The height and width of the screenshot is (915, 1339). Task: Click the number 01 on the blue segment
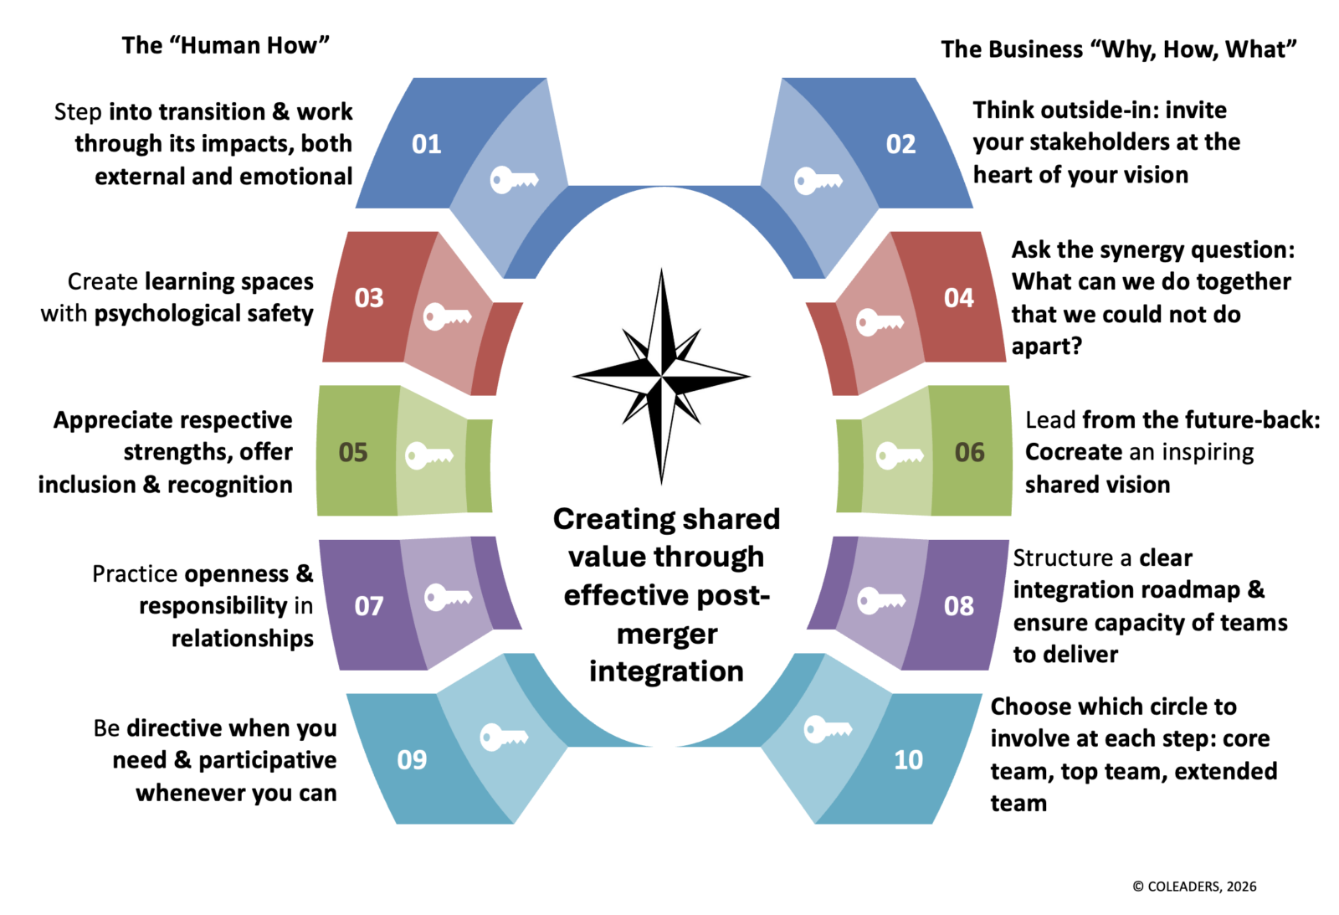coord(426,144)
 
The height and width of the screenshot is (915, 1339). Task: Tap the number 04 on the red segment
coord(958,298)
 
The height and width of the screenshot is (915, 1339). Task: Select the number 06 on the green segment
coord(969,452)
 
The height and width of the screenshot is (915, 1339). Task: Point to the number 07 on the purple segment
coord(369,605)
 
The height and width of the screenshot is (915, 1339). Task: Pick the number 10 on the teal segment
coord(908,759)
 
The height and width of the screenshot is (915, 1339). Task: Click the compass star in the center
coord(661,376)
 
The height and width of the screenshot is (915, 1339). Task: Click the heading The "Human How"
coord(226,45)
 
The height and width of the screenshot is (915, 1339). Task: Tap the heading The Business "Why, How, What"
coord(1118,49)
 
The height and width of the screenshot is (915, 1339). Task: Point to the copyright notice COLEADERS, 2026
coord(1194,887)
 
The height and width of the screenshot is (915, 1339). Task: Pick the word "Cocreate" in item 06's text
coord(1074,452)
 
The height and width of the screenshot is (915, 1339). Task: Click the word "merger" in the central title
coord(667,634)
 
